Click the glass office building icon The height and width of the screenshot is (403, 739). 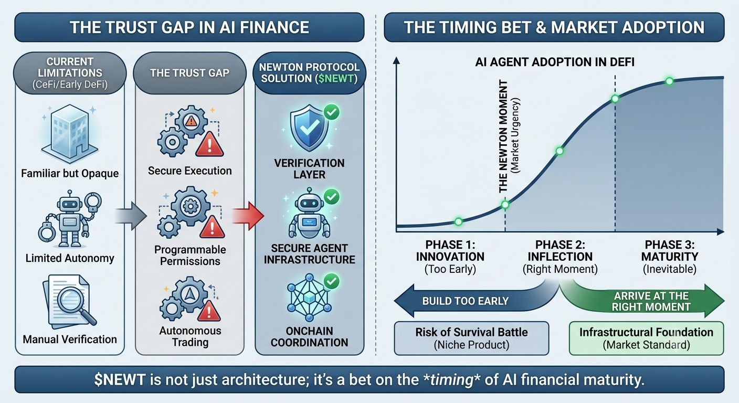click(x=70, y=134)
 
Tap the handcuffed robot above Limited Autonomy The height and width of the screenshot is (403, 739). click(x=70, y=219)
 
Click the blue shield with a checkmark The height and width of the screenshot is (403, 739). click(x=309, y=128)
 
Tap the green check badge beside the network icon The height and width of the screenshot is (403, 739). click(x=332, y=281)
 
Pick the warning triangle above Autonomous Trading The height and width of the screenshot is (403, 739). click(x=208, y=311)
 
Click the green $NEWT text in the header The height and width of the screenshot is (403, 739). click(x=336, y=79)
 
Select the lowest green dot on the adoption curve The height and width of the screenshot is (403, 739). click(x=458, y=221)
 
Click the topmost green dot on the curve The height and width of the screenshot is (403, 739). click(x=669, y=81)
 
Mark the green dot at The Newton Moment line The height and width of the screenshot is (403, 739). click(x=505, y=205)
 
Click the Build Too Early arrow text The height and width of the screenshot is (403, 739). click(x=465, y=301)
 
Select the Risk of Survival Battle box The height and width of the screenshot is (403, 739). click(x=472, y=338)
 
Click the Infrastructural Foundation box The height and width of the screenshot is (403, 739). click(x=646, y=338)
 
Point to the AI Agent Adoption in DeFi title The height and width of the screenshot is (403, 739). click(x=555, y=62)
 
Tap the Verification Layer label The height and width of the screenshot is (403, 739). click(x=309, y=168)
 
